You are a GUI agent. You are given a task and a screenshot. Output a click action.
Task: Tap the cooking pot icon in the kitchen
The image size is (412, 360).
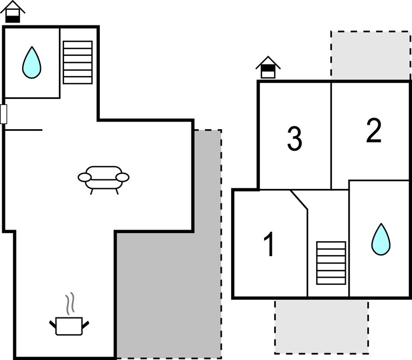coord(69,326)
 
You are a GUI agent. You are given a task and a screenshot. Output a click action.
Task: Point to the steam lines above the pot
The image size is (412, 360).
coord(70,303)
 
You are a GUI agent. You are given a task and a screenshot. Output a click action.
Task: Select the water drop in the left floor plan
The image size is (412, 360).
coord(31,63)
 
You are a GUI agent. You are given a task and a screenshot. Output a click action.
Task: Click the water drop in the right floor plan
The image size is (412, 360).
coord(381,240)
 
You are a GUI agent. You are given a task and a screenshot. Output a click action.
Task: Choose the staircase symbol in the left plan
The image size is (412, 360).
coord(78,62)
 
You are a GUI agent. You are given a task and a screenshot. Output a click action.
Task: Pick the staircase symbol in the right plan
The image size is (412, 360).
coord(331,263)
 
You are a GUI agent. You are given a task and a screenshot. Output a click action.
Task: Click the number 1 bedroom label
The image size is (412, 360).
coord(269,244)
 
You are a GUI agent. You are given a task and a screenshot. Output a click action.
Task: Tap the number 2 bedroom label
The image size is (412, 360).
coord(373,130)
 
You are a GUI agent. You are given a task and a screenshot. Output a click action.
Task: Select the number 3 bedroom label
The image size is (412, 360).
coord(295,139)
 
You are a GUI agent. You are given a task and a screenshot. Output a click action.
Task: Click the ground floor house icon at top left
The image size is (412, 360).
coord(13,12)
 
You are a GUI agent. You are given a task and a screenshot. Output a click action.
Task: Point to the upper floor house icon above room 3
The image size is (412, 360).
coord(268,67)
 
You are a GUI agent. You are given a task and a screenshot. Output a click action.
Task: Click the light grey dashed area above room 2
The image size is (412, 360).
coord(371,55)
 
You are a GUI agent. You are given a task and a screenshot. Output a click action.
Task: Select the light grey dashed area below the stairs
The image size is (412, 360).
coord(322,327)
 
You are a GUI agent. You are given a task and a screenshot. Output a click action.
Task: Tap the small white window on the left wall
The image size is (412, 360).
coord(3,114)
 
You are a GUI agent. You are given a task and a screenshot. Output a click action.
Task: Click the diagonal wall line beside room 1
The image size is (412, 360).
coord(299,200)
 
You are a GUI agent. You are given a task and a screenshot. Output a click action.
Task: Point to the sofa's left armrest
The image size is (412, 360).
coord(84,177)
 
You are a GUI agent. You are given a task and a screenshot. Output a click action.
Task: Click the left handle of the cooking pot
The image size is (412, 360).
coord(53,325)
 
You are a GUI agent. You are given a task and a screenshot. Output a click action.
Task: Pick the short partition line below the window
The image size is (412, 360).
coord(24,130)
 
